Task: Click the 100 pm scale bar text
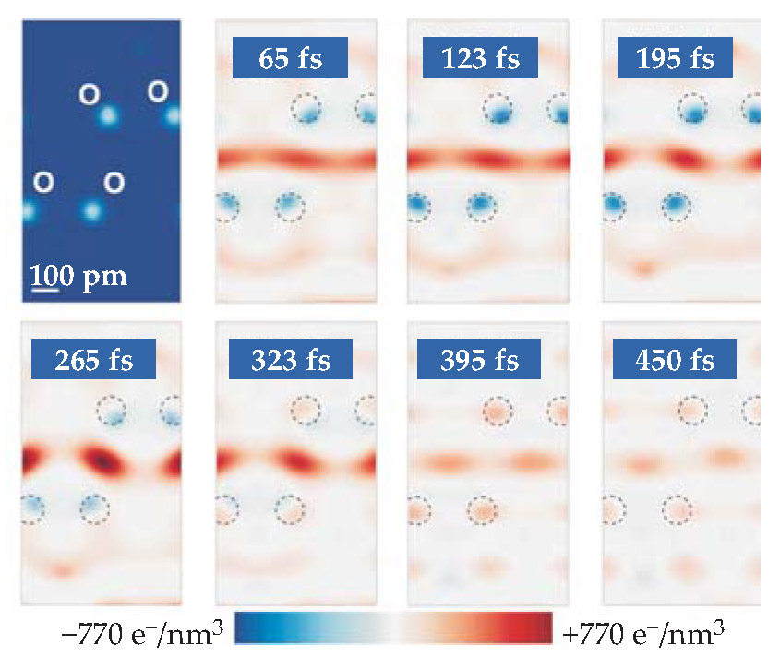point(78,275)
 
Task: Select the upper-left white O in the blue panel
point(89,93)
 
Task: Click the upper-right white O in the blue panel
point(158,91)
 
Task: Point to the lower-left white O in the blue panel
point(43,182)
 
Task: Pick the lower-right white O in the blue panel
point(114,182)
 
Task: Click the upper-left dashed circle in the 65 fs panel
point(307,109)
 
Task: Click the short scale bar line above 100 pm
point(45,290)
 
